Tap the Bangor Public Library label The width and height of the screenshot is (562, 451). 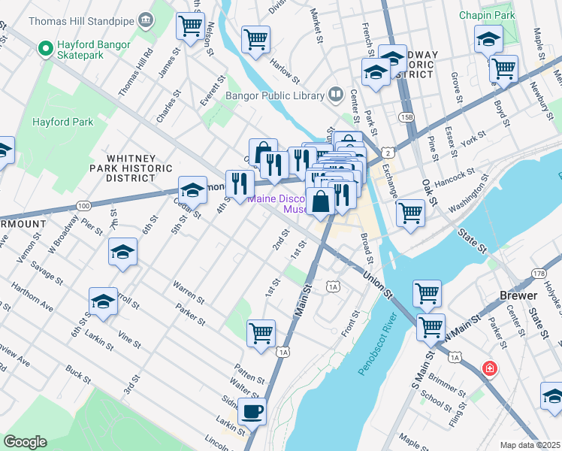[x=275, y=95]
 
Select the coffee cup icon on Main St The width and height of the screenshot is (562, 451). [x=252, y=411]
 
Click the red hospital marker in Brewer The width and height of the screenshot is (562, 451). [x=489, y=368]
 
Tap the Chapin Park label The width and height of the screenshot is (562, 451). [x=488, y=15]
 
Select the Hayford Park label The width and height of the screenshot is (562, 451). [x=62, y=122]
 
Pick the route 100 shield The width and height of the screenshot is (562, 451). [x=83, y=205]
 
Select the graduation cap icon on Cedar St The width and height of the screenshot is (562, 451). [x=192, y=189]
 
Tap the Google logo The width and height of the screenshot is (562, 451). [x=25, y=442]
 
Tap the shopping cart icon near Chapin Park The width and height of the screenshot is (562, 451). [x=503, y=68]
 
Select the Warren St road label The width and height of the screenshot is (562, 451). [x=189, y=292]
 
